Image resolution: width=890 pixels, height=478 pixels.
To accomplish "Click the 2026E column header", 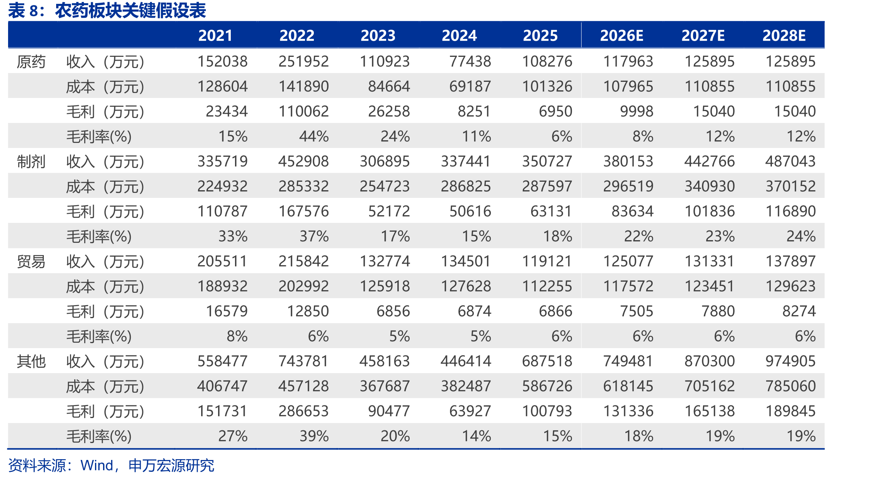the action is [x=622, y=35].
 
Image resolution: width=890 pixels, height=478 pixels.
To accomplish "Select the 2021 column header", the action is [x=215, y=35].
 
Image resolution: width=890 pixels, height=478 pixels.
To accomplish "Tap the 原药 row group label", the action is [x=31, y=61].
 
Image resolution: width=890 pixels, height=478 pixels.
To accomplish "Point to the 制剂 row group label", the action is [x=31, y=161].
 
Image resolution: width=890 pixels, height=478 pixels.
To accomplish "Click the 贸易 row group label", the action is [x=31, y=261].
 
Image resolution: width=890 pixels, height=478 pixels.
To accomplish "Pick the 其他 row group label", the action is [x=31, y=361].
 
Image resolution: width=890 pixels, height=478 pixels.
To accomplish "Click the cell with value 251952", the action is [x=303, y=61].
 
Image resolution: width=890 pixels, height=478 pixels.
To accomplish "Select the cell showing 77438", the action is [x=470, y=61].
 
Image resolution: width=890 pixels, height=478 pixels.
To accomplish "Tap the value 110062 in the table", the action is [x=303, y=111].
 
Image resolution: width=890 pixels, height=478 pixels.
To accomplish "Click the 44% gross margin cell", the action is [x=314, y=136].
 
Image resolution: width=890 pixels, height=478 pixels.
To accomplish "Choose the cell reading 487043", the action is [x=790, y=161].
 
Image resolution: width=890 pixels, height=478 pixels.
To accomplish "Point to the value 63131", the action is [x=551, y=211].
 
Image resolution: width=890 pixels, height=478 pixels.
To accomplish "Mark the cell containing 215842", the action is [x=303, y=261].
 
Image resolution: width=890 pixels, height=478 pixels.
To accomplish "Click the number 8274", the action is [x=799, y=311].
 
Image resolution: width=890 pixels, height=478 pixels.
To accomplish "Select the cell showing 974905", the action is [x=790, y=361].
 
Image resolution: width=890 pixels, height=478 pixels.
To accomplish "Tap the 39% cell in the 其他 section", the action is [x=314, y=436].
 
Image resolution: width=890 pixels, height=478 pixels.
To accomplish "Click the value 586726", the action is [x=547, y=386].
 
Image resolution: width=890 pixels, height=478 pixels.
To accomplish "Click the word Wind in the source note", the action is [x=97, y=465].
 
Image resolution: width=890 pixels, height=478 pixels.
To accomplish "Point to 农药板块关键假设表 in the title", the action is [x=131, y=10].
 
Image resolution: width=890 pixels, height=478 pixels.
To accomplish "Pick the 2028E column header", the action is [x=784, y=35].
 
